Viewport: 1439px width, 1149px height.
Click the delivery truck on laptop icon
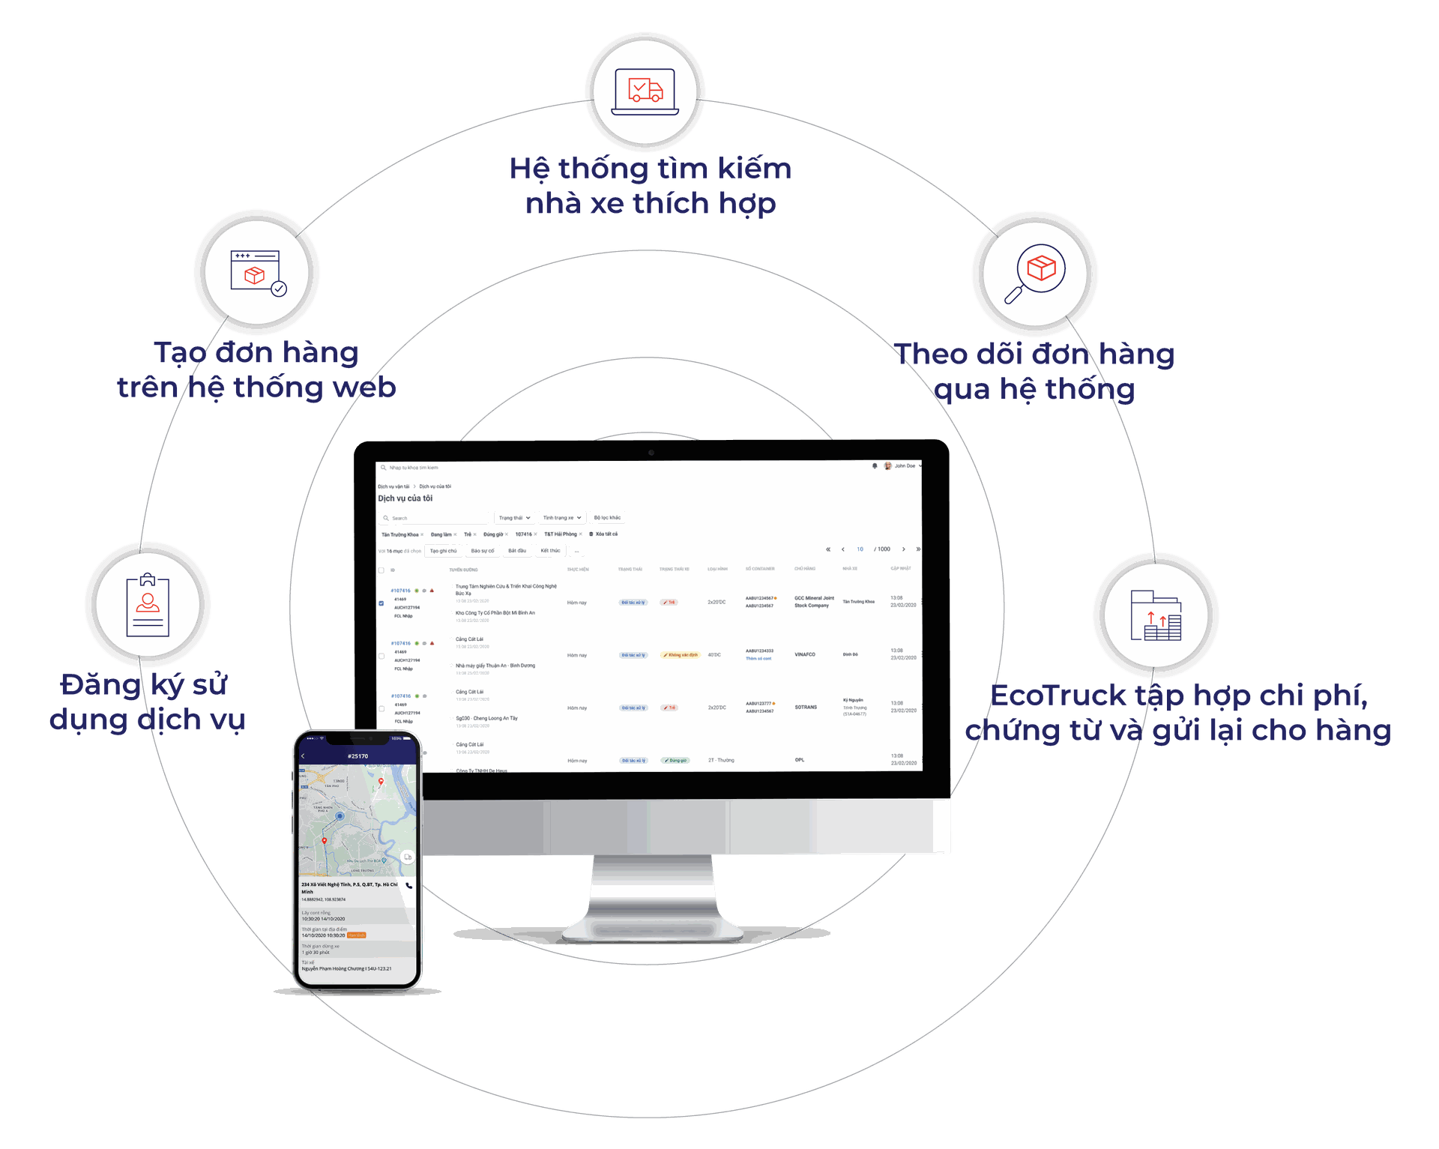(645, 91)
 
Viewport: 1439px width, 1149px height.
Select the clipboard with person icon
(148, 605)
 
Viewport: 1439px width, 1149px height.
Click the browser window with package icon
(257, 273)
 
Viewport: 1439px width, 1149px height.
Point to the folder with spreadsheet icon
(1155, 616)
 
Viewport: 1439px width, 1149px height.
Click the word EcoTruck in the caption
(1058, 696)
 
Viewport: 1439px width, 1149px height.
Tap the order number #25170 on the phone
(358, 756)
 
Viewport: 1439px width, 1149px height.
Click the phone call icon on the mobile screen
(408, 885)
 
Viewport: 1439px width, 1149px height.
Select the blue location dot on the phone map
(340, 815)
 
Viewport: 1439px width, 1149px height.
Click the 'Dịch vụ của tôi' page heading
(405, 498)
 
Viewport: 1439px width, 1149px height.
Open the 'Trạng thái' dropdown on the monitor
(514, 518)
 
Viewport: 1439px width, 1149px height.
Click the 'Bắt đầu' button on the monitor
(516, 551)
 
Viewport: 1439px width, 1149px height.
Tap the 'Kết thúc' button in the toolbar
(550, 551)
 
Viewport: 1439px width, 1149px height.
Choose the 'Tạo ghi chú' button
(443, 551)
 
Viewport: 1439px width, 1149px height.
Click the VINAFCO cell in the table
(805, 654)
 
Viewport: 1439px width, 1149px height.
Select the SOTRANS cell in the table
(806, 707)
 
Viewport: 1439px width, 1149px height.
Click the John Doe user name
(905, 466)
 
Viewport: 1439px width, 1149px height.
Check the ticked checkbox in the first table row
(381, 603)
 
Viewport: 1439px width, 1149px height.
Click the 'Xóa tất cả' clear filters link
(606, 534)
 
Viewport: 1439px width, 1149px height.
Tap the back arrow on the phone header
(303, 756)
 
